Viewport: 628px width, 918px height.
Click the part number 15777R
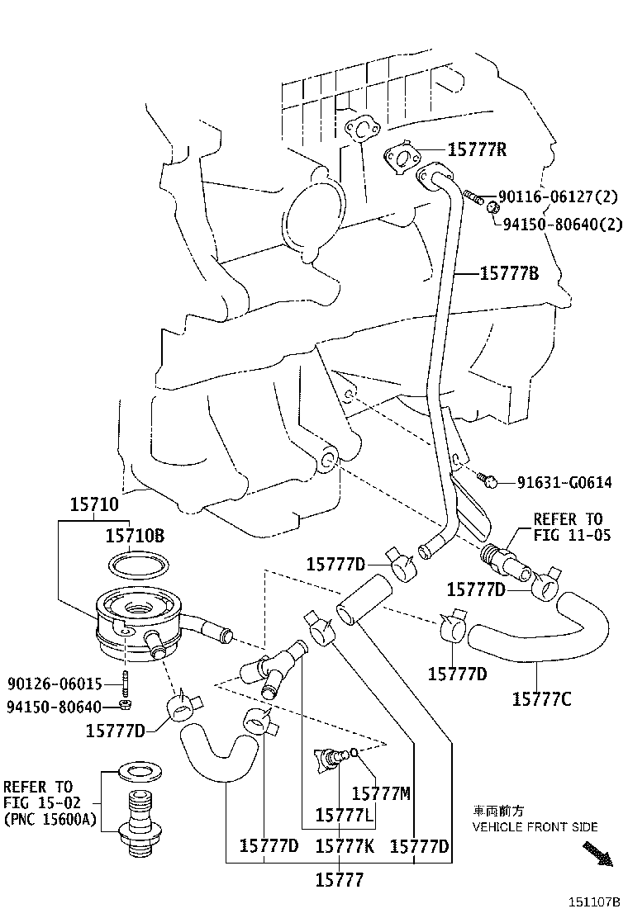pos(477,149)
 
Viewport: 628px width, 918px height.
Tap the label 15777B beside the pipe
pos(510,273)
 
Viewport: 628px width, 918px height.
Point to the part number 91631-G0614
pos(564,482)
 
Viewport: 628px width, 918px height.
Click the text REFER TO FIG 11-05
pos(572,527)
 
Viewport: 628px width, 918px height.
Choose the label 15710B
pos(135,536)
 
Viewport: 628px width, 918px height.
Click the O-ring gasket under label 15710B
pos(140,565)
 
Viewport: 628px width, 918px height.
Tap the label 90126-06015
pos(55,684)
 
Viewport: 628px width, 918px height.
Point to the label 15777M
pos(381,793)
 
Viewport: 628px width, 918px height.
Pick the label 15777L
pos(345,816)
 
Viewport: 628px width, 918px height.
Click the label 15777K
pos(345,846)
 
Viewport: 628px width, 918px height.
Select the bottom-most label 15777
pos(339,880)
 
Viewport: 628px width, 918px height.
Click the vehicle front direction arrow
pos(597,854)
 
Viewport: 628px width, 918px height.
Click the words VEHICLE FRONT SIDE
pos(535,826)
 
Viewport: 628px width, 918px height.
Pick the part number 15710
pos(93,504)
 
